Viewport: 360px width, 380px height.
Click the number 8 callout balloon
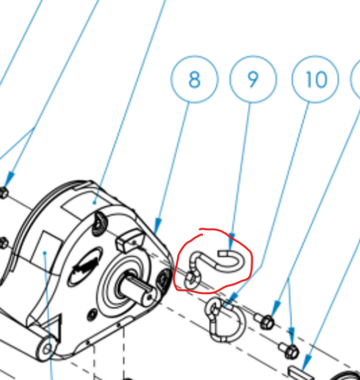(x=194, y=80)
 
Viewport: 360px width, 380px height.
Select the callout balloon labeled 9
(x=253, y=80)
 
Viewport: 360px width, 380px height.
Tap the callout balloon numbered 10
(x=315, y=80)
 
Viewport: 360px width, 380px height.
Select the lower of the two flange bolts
(x=290, y=350)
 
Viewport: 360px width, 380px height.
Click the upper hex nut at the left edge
(x=4, y=193)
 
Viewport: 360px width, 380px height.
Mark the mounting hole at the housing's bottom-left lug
(x=48, y=348)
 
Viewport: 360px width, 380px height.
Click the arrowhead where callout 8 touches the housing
(x=158, y=228)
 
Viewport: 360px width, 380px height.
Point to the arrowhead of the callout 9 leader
(x=232, y=239)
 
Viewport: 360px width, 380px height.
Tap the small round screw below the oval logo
(x=95, y=314)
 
